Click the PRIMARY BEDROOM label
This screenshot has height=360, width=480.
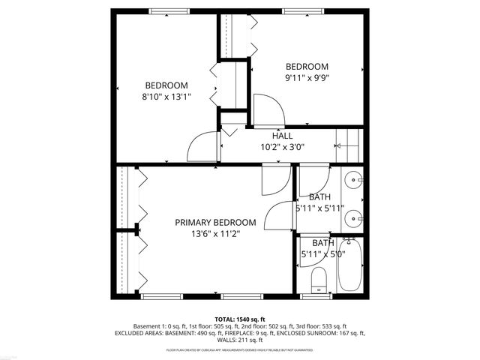click(x=215, y=223)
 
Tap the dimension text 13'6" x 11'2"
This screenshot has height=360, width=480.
click(x=215, y=234)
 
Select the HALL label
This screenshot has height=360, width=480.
click(x=282, y=136)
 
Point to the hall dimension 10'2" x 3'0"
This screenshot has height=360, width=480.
click(x=282, y=147)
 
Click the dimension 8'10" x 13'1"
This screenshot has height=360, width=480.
click(x=166, y=96)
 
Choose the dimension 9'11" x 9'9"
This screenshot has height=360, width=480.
click(x=307, y=76)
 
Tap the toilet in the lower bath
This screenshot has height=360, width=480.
click(x=318, y=279)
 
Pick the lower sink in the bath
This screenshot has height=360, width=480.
click(x=355, y=220)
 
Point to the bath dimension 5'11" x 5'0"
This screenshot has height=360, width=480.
click(x=322, y=253)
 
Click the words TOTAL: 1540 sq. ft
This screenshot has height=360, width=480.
click(x=240, y=319)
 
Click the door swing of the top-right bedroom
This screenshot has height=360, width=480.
click(x=266, y=111)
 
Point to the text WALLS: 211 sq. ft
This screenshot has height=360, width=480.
click(x=240, y=340)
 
